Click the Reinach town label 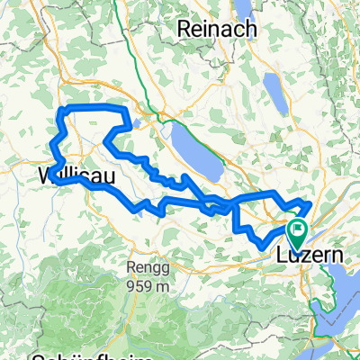(x=219, y=29)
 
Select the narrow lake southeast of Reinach (x=273, y=91)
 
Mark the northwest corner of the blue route (x=61, y=110)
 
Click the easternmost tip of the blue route (x=310, y=204)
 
